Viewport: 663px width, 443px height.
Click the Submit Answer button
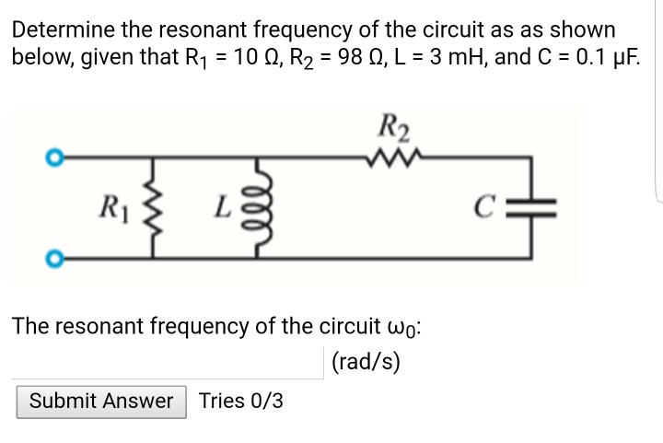click(101, 402)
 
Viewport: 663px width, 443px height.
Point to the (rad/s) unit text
click(366, 361)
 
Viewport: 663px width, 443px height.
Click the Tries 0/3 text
click(241, 402)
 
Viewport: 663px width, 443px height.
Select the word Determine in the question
click(57, 30)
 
